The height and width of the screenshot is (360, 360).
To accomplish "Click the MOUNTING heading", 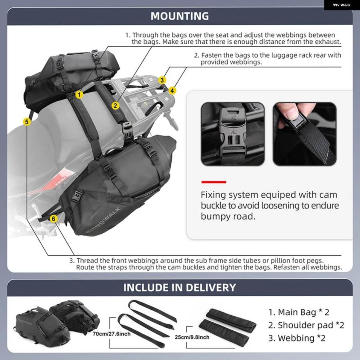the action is (x=180, y=16).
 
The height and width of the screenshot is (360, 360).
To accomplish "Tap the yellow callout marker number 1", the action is (x=79, y=94).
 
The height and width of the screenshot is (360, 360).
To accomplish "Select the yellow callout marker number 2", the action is (x=116, y=106).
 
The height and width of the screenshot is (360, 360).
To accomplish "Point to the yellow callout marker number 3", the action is (x=162, y=80).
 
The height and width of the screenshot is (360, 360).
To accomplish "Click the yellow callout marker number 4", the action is (x=172, y=91).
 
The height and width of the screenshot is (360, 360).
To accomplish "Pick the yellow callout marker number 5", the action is (x=27, y=122).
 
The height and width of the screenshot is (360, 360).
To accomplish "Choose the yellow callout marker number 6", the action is (x=54, y=218).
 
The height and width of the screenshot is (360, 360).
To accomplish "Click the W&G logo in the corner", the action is (x=342, y=5).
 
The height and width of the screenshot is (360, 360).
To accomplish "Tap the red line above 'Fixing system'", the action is (x=214, y=182).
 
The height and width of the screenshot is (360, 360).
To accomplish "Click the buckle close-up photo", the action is (x=232, y=134).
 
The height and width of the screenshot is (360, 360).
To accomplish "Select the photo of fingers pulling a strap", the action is (x=304, y=134).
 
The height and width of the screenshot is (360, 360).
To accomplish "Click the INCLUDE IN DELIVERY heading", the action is (x=180, y=288).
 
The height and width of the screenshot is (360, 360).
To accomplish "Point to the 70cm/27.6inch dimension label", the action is (x=112, y=334).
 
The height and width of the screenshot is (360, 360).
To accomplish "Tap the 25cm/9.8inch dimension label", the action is (x=192, y=337).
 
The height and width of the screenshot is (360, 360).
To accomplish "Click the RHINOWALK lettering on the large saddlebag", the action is (x=103, y=220).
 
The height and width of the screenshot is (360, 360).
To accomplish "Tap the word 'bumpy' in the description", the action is (x=216, y=216).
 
